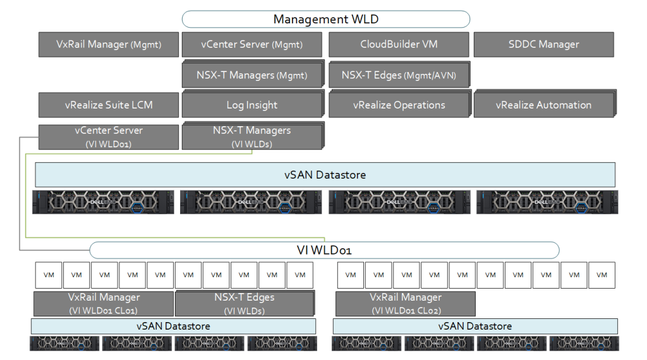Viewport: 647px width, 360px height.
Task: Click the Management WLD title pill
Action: point(325,19)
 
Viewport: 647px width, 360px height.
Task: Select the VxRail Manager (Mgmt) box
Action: point(108,45)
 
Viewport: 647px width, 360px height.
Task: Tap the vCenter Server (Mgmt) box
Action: point(251,45)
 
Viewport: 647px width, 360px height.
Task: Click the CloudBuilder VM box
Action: point(399,45)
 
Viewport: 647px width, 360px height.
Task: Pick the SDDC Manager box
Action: point(543,45)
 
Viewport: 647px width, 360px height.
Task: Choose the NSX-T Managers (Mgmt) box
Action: point(252,75)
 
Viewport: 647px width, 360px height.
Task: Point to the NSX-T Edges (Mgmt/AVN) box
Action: point(399,75)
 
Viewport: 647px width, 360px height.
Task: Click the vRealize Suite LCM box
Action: point(108,105)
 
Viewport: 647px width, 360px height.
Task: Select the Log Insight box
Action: point(252,105)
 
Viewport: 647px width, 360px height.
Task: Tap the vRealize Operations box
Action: point(399,105)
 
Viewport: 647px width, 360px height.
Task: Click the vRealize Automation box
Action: point(543,105)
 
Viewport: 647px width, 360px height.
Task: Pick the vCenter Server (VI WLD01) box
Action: point(108,137)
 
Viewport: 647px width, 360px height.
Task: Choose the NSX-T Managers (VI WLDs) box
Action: point(252,137)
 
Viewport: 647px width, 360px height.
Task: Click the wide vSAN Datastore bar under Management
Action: point(325,174)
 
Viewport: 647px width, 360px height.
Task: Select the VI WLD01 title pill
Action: point(324,250)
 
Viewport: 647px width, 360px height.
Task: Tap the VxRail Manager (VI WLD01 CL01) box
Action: point(104,304)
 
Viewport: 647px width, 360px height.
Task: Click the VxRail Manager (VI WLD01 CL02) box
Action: point(405,304)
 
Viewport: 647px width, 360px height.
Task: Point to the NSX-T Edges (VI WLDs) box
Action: point(243,304)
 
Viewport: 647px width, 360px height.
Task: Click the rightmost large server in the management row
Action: point(547,202)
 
